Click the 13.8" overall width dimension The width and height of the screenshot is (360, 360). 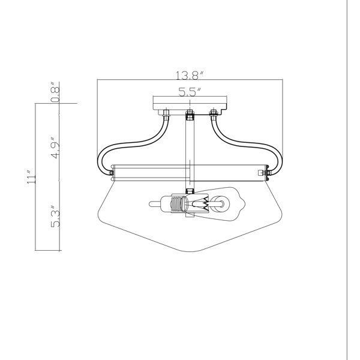190,76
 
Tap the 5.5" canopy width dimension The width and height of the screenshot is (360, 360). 190,92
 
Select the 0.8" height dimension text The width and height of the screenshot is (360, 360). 55,92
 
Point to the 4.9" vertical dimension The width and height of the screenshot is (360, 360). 55,148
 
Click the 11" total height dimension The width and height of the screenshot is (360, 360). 31,177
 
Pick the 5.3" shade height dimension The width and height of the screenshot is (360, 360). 55,216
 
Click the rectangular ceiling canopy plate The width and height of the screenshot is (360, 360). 190,103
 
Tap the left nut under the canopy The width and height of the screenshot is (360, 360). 166,113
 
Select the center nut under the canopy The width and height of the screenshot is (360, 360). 190,115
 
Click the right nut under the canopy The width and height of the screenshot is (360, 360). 214,113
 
